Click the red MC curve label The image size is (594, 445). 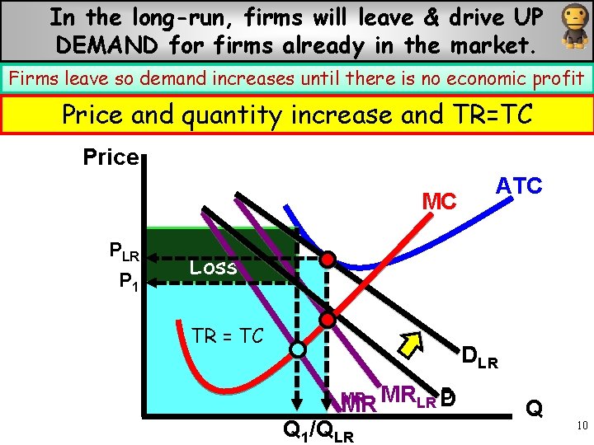[x=439, y=200]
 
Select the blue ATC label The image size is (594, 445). [x=518, y=185]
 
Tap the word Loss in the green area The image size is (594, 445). [x=213, y=267]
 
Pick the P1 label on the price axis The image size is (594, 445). [x=129, y=282]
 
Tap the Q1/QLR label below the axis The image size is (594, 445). [x=318, y=430]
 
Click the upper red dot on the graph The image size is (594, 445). [x=328, y=260]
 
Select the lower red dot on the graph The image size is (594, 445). [x=328, y=319]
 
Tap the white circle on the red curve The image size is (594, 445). [x=297, y=350]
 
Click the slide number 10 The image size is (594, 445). [x=582, y=425]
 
